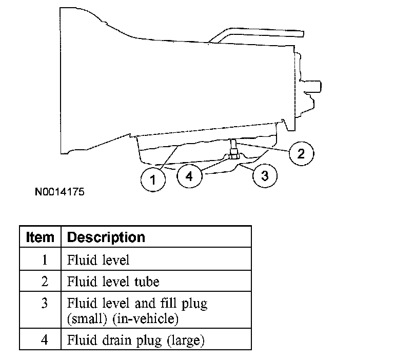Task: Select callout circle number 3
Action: (x=265, y=176)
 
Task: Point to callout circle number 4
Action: (x=189, y=176)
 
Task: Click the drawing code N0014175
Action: (x=60, y=193)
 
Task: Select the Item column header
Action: (x=40, y=237)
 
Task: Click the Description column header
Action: (x=106, y=237)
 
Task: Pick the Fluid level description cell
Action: (x=98, y=259)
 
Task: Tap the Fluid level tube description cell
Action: (x=113, y=282)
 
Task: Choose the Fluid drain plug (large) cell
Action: (x=136, y=339)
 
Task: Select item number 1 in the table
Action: (x=44, y=259)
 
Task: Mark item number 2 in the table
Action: (x=44, y=282)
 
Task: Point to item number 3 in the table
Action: (x=44, y=304)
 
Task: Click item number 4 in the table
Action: (x=44, y=339)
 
